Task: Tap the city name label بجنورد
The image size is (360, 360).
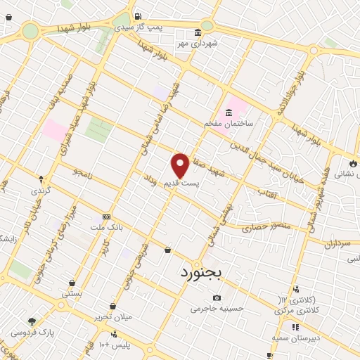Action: tap(201, 271)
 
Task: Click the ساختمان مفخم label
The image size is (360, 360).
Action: tap(229, 123)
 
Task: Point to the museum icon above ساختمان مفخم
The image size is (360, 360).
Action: tap(229, 112)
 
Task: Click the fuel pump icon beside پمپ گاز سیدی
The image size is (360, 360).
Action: tap(138, 17)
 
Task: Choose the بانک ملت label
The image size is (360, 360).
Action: tap(106, 228)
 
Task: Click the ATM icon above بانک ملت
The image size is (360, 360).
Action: tap(106, 217)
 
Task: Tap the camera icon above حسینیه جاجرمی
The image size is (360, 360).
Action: tap(216, 297)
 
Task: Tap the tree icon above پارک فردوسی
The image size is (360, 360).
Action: tap(31, 321)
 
